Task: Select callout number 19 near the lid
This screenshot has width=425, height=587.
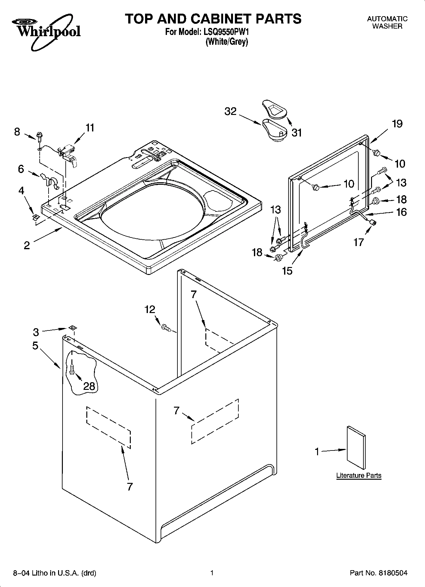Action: coord(397,123)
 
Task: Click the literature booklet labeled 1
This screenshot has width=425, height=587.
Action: coord(355,448)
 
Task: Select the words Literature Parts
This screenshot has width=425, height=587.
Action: coord(359,475)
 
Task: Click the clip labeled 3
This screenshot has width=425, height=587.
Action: coord(72,328)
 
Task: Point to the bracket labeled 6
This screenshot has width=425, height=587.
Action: coord(49,181)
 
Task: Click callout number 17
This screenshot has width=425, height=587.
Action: coord(359,243)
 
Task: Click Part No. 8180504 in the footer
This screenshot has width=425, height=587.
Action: coord(378,573)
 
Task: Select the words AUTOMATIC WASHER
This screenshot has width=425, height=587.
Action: coord(387,23)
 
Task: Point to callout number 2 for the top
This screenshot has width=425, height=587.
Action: coord(27,245)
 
